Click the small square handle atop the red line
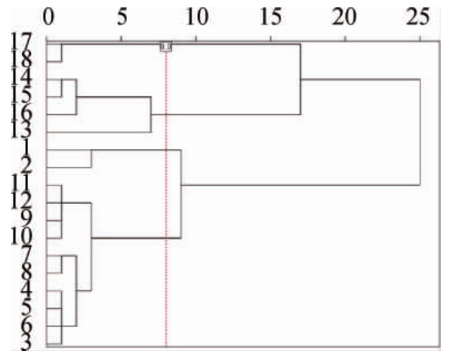[x=166, y=47]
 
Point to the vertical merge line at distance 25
[x=420, y=132]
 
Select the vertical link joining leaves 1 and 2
[x=91, y=159]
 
